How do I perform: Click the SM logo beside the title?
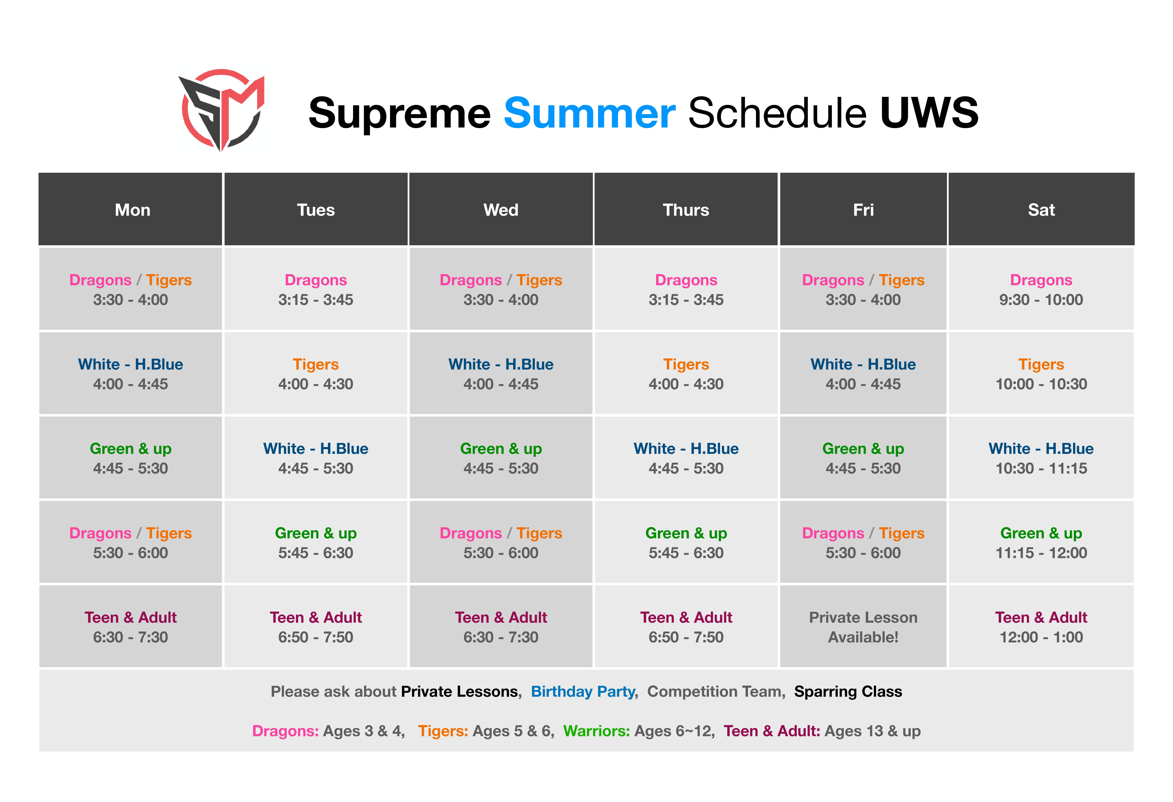click(x=222, y=110)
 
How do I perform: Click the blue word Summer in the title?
click(x=590, y=113)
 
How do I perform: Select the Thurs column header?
click(x=686, y=209)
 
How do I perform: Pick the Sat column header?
click(x=1041, y=209)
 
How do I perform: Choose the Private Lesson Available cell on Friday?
click(x=863, y=626)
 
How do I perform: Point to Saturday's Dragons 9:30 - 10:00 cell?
click(x=1041, y=289)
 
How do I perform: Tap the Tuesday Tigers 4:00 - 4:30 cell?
click(x=316, y=373)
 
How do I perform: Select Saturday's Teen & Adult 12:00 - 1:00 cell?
click(x=1041, y=626)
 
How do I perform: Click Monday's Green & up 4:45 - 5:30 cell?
click(x=131, y=458)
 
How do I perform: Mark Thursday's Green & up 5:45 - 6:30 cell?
click(x=686, y=542)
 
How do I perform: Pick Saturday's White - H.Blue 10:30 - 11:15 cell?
click(x=1041, y=458)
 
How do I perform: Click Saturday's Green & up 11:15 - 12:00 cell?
click(x=1041, y=542)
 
